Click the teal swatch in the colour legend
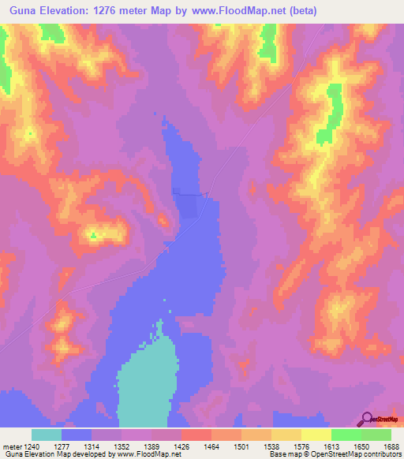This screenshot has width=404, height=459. pos(47,435)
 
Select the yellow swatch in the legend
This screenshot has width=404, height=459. pos(316,435)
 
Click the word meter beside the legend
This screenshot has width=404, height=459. pos(11,446)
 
